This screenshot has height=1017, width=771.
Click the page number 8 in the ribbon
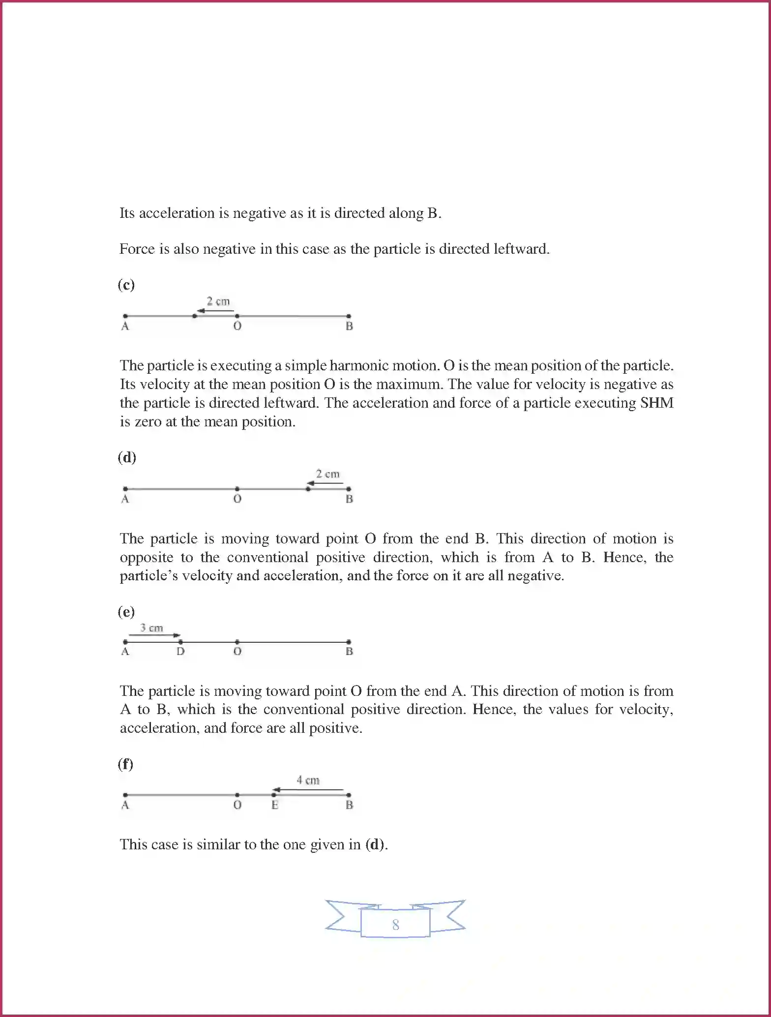[395, 925]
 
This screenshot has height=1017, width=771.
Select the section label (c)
[126, 285]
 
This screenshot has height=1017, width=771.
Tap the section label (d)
[126, 457]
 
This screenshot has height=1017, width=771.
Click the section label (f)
[125, 764]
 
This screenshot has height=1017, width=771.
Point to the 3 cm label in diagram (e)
[151, 628]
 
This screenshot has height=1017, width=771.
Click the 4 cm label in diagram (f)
[308, 780]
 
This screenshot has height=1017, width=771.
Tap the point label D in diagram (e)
[180, 652]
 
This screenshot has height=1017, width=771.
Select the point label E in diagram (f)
[275, 805]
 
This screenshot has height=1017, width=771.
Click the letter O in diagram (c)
[237, 326]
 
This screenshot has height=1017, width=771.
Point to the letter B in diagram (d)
[349, 499]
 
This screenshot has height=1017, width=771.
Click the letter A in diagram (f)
[125, 805]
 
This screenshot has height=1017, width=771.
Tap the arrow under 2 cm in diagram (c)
[215, 311]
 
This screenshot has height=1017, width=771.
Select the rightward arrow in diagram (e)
[154, 635]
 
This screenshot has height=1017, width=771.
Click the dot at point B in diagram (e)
[349, 642]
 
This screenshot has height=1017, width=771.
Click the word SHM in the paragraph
[656, 403]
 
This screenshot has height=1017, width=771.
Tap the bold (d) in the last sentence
[375, 844]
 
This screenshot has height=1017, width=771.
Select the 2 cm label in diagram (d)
[327, 474]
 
